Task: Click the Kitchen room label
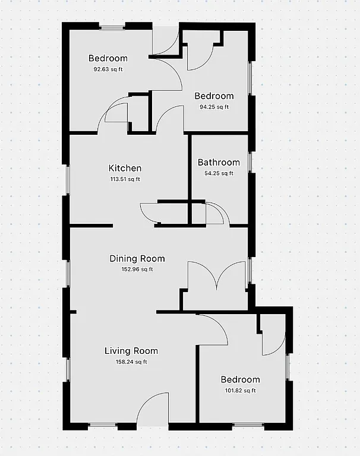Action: tap(125, 168)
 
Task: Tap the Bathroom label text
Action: tap(219, 162)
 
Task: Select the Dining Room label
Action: tap(137, 258)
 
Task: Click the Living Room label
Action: tap(131, 350)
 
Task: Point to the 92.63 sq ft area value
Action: tap(108, 69)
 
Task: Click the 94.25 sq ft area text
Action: tap(214, 107)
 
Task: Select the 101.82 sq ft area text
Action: tap(240, 390)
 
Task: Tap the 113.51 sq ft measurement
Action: tap(125, 179)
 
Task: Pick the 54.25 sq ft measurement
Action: tap(219, 173)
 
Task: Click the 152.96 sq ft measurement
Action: tap(137, 269)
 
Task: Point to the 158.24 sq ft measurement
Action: tap(131, 361)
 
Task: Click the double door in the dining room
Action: tap(218, 276)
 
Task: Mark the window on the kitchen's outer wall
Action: tap(67, 179)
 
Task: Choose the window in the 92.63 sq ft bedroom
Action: tap(112, 26)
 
